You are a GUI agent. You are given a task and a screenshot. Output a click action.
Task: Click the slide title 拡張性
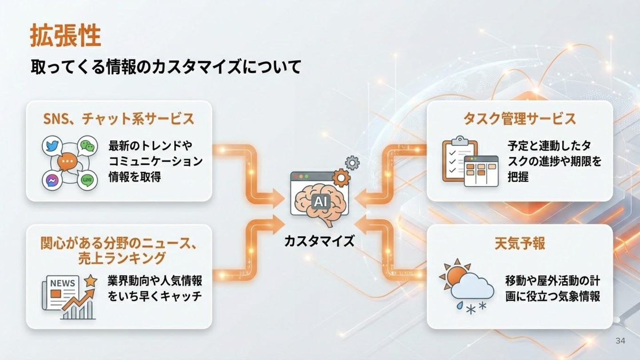point(65,36)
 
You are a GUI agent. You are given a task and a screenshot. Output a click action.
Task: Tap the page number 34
point(620,341)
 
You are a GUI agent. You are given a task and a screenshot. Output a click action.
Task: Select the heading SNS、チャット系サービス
point(119,119)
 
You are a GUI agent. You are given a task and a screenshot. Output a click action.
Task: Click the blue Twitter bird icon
point(52,146)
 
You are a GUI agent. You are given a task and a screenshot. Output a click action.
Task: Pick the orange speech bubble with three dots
point(68,162)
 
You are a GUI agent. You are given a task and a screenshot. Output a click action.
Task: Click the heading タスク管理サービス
point(520,119)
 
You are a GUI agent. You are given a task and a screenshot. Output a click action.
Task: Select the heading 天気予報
point(520,243)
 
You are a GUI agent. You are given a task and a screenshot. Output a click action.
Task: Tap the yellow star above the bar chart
point(91,281)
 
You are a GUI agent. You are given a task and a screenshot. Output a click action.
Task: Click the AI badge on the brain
point(320,202)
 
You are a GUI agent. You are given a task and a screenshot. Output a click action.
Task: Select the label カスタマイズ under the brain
point(320,241)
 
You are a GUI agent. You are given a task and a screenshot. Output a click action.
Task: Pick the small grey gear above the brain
point(352,163)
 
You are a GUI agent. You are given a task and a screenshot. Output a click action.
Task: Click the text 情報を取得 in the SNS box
point(135,177)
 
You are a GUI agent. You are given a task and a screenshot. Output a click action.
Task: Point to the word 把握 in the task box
point(518,177)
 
